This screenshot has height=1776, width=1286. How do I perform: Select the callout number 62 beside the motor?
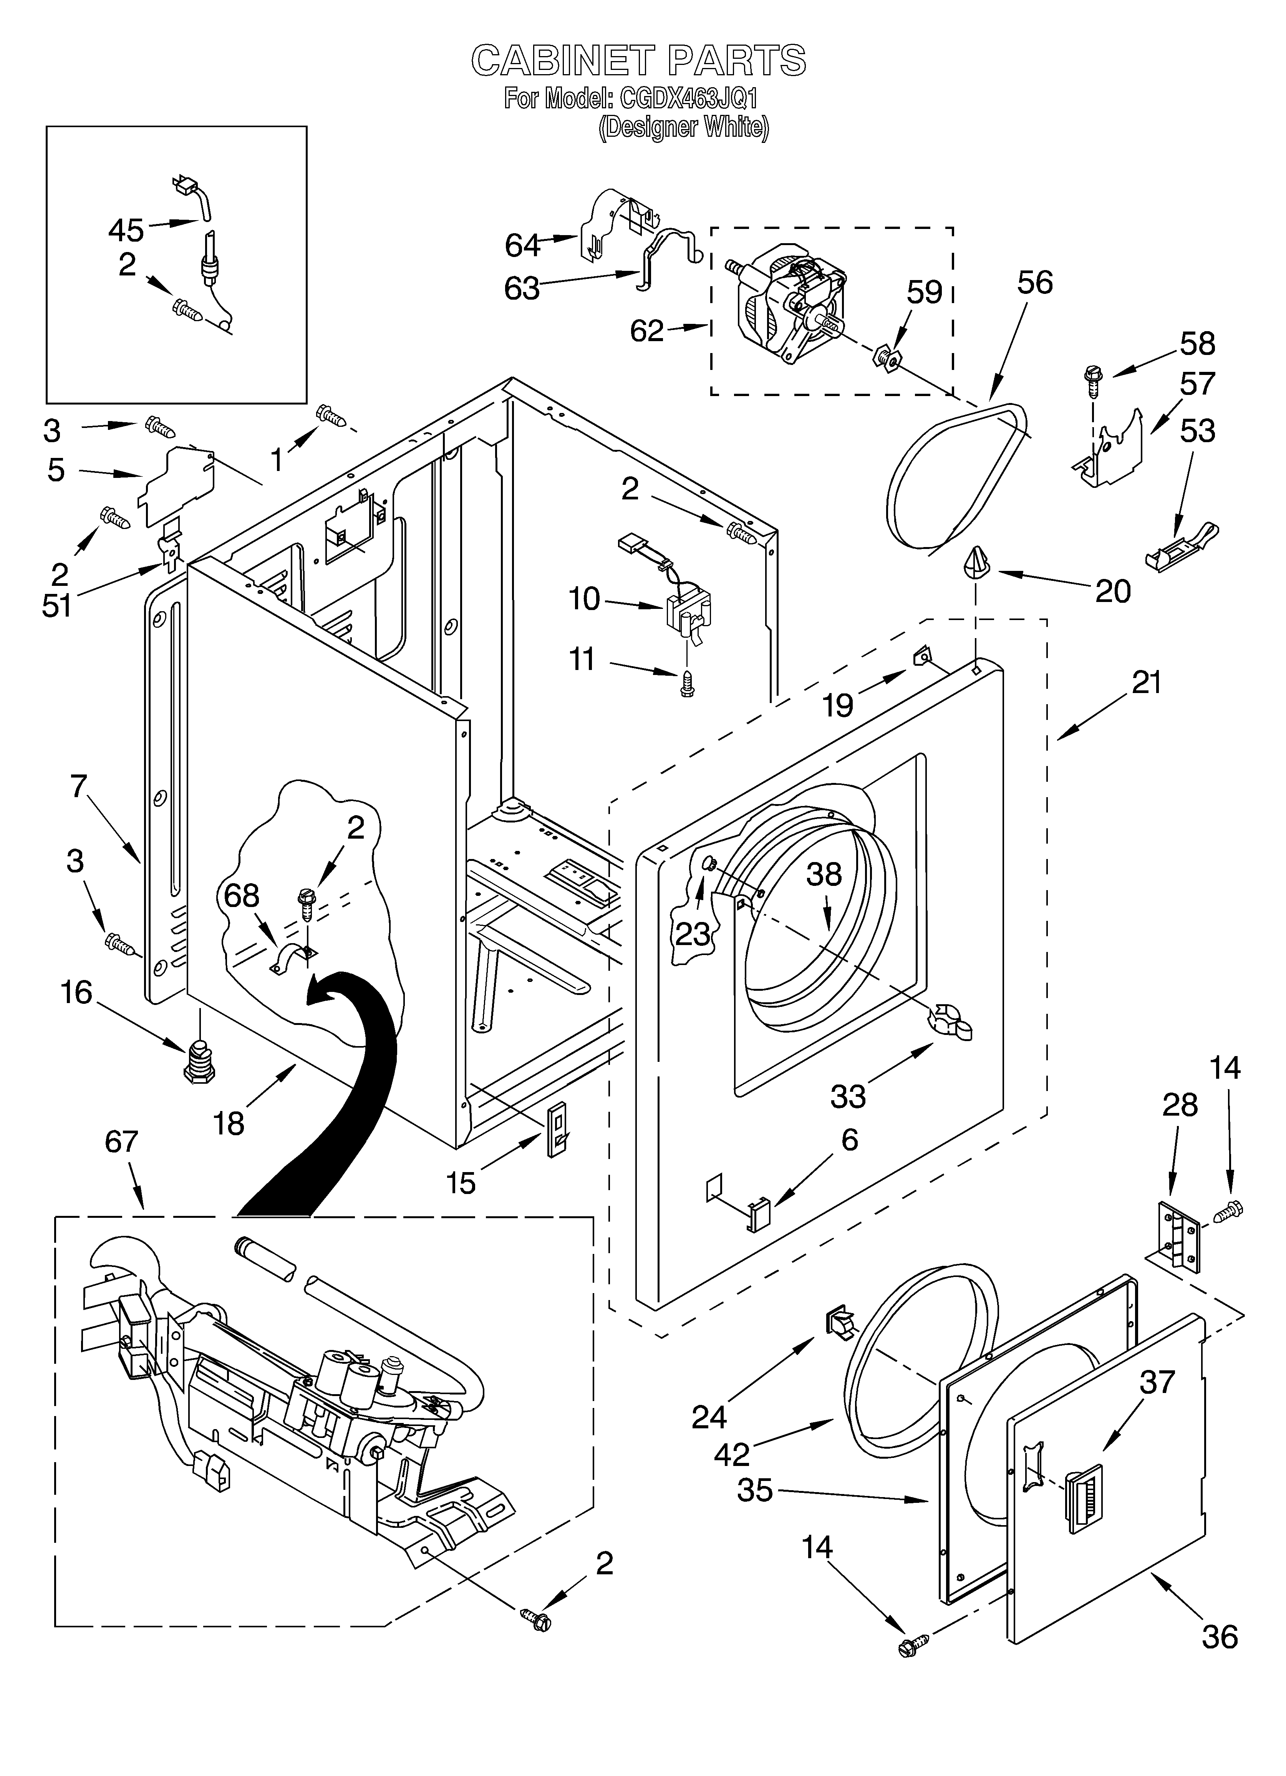point(647,331)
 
